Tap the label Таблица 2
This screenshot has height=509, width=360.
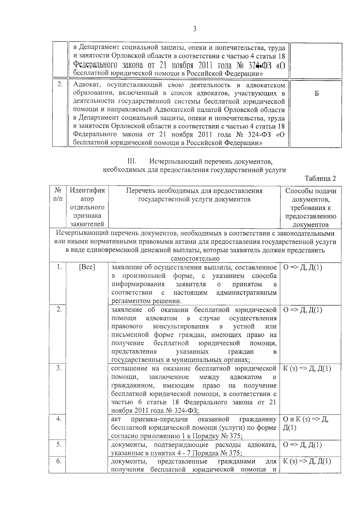coord(320,179)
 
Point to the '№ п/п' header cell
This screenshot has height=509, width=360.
coord(58,195)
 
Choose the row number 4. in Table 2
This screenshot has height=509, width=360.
coord(59,419)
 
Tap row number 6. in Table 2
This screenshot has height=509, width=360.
coord(59,461)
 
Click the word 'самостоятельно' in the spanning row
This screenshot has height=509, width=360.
coord(195,258)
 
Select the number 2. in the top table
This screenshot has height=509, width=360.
coord(60,84)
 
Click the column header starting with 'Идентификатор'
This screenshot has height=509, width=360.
coord(87,207)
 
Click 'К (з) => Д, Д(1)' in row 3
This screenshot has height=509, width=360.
coord(307,369)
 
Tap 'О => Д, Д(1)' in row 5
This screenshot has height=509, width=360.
coord(302,445)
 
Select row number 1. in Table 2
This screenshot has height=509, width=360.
coord(59,267)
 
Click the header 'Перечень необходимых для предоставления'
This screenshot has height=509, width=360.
coord(194,191)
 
